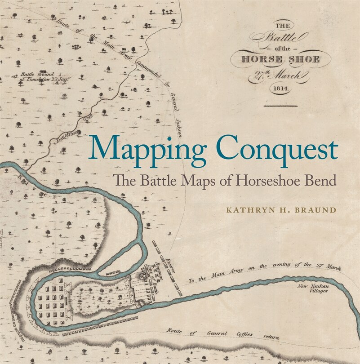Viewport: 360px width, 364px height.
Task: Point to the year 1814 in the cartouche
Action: (x=281, y=89)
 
